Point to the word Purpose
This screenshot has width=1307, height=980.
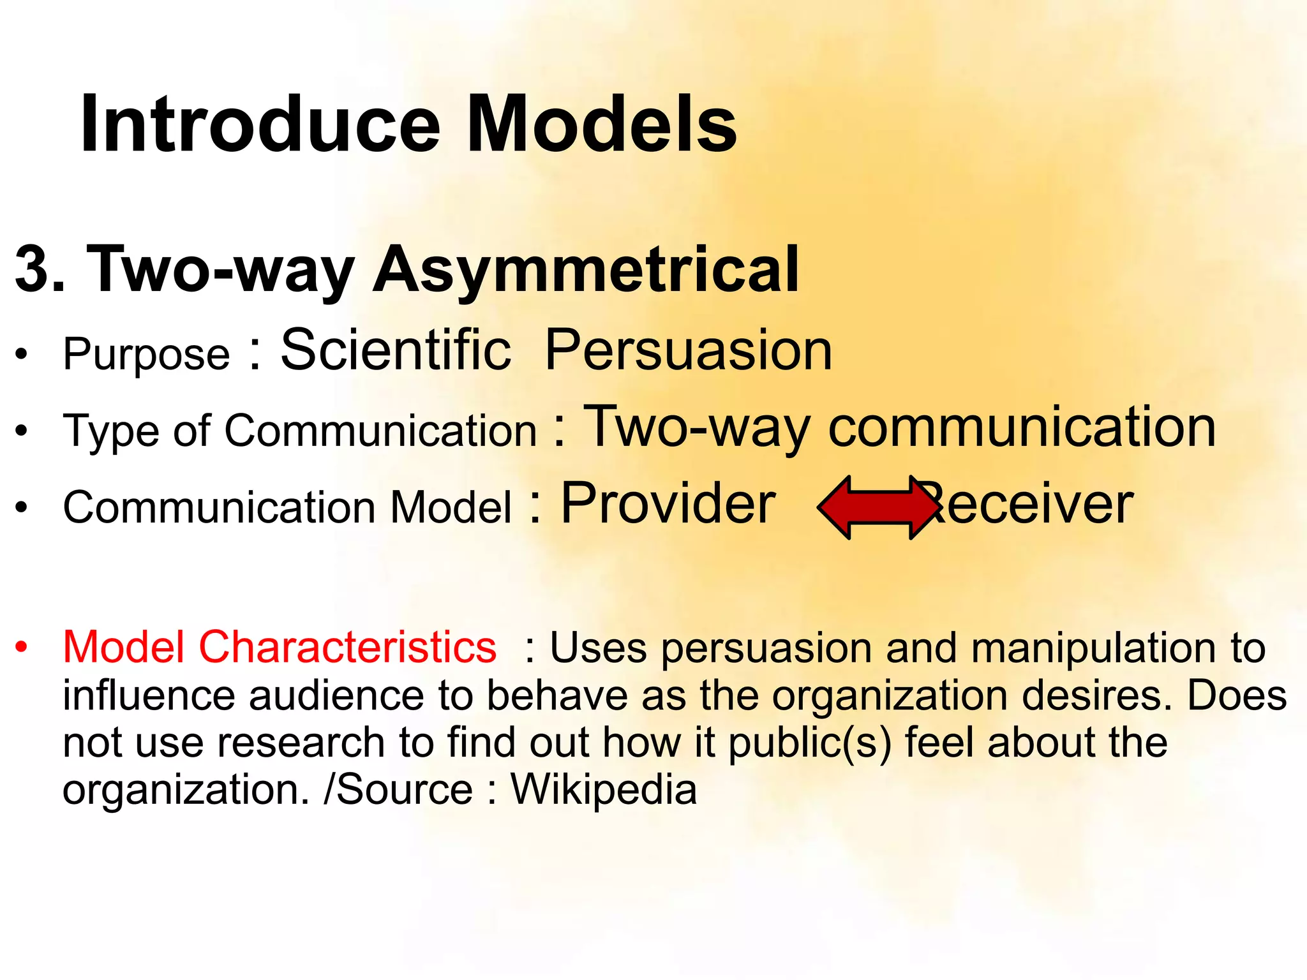coord(146,354)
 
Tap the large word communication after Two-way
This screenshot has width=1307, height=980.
coord(1022,427)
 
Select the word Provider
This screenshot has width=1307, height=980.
coord(668,504)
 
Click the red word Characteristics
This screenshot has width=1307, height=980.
coord(347,648)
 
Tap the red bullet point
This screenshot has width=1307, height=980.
coord(22,647)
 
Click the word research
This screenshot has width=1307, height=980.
coord(301,743)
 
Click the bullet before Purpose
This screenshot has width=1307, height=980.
coord(22,354)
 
